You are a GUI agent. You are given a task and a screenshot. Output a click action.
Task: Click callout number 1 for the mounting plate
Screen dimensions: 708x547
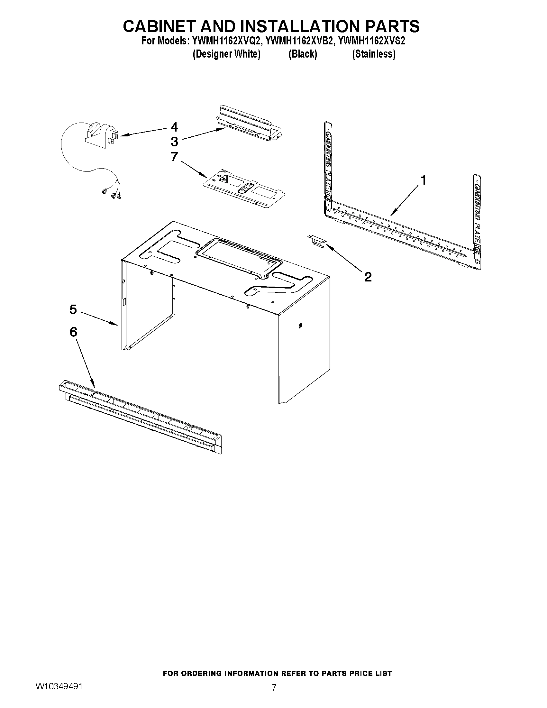click(423, 180)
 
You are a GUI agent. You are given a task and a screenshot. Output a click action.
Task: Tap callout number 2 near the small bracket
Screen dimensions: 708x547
click(368, 277)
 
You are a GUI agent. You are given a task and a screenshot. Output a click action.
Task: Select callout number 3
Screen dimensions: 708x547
click(174, 142)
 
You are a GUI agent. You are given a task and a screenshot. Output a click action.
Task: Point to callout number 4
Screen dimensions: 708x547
click(174, 127)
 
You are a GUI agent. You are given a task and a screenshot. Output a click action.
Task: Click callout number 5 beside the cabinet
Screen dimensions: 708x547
click(73, 309)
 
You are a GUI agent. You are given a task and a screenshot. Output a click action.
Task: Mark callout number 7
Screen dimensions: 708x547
click(174, 157)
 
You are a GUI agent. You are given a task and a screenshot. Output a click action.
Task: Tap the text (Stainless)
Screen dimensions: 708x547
click(374, 54)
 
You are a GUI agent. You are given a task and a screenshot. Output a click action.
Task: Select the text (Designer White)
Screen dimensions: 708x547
click(226, 54)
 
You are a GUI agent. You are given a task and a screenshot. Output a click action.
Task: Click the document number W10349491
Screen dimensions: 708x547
click(59, 693)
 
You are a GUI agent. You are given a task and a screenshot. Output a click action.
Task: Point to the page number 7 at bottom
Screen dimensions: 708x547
click(274, 694)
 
